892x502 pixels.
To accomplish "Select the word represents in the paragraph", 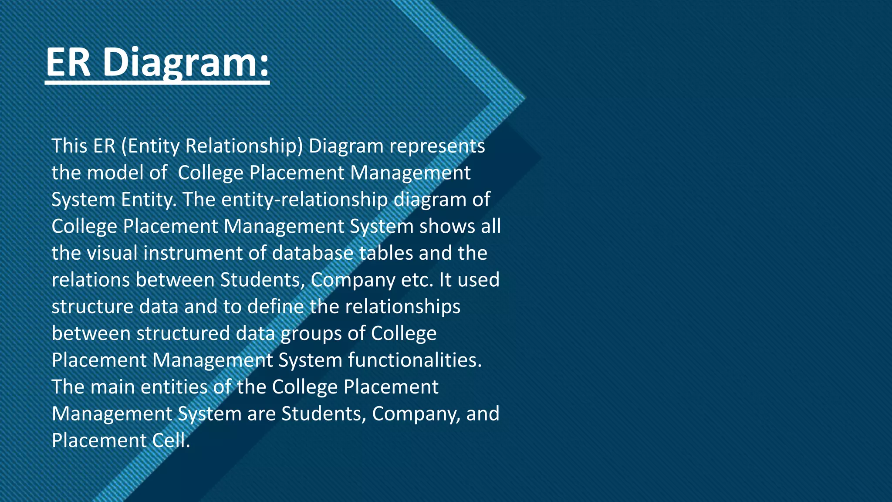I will click(x=437, y=146).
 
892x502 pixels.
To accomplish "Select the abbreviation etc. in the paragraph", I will click(x=417, y=280).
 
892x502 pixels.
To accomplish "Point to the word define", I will click(x=276, y=307).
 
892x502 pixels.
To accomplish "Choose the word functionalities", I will click(x=415, y=360).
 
